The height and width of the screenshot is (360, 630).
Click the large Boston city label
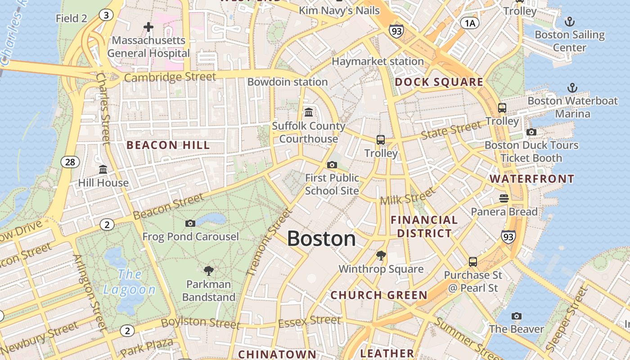321,238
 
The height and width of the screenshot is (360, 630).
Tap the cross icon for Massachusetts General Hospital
148,27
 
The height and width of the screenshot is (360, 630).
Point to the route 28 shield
70,162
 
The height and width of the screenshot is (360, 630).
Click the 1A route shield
469,23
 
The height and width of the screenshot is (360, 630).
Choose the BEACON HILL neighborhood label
168,145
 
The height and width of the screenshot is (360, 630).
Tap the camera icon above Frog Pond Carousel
190,223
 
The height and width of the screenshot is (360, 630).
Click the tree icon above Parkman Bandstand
208,270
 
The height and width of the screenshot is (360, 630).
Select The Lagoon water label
130,282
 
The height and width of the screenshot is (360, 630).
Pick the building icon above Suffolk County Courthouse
309,112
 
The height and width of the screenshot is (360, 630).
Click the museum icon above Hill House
103,170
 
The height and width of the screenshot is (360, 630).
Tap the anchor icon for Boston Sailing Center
570,21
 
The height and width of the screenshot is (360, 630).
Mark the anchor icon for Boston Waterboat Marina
572,87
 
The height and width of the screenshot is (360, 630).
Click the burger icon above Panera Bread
504,198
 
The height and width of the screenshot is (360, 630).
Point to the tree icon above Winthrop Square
381,256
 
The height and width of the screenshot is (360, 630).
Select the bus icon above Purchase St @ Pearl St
472,261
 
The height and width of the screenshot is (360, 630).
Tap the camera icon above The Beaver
517,316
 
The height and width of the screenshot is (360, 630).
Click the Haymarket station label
378,61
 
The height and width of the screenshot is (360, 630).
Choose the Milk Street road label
408,196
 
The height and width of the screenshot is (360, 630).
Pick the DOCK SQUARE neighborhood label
439,82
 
